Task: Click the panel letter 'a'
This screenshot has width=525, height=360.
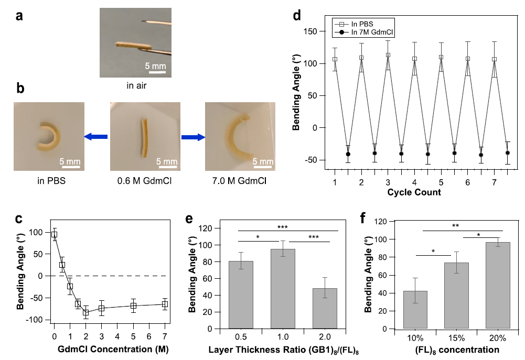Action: tap(20, 16)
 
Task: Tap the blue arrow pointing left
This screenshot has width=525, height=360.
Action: tap(95, 137)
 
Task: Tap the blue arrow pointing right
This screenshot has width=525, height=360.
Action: tap(192, 137)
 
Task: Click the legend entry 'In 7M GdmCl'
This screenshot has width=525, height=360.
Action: tap(369, 32)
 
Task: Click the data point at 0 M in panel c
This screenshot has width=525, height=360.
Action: tap(54, 234)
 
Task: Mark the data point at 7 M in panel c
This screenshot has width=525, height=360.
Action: tap(165, 304)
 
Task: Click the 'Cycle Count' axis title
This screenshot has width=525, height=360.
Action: tap(414, 192)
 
